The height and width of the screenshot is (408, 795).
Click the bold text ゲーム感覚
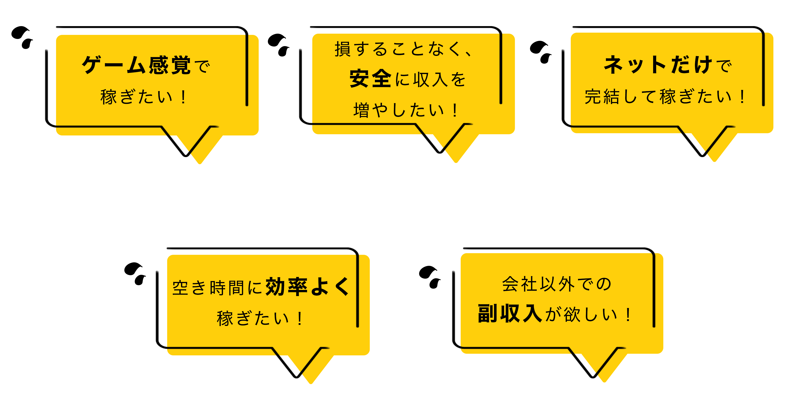tap(136, 65)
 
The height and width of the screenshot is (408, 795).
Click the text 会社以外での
tap(556, 284)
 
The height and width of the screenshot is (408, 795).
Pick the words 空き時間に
tap(217, 288)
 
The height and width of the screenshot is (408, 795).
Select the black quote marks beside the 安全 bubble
tap(278, 45)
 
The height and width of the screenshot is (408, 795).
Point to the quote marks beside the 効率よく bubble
tap(135, 274)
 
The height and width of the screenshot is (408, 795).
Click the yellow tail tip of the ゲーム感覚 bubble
tap(200, 163)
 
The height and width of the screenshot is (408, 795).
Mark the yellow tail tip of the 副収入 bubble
tap(604, 381)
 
